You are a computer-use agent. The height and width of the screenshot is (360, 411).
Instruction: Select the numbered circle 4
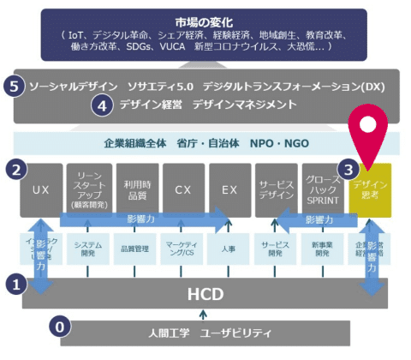pos(102,106)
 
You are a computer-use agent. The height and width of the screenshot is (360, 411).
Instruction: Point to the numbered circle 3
pos(348,168)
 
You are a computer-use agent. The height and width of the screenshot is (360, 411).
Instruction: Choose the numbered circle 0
pos(59,327)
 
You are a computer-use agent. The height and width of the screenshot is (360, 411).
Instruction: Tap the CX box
pos(182,190)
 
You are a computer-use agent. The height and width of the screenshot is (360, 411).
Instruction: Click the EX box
pos(229,190)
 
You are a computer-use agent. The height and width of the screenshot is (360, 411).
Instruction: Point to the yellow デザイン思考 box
pos(371,190)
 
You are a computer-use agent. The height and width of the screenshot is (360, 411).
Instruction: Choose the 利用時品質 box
pos(135,190)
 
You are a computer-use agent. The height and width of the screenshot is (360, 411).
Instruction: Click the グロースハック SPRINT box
pos(324,190)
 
